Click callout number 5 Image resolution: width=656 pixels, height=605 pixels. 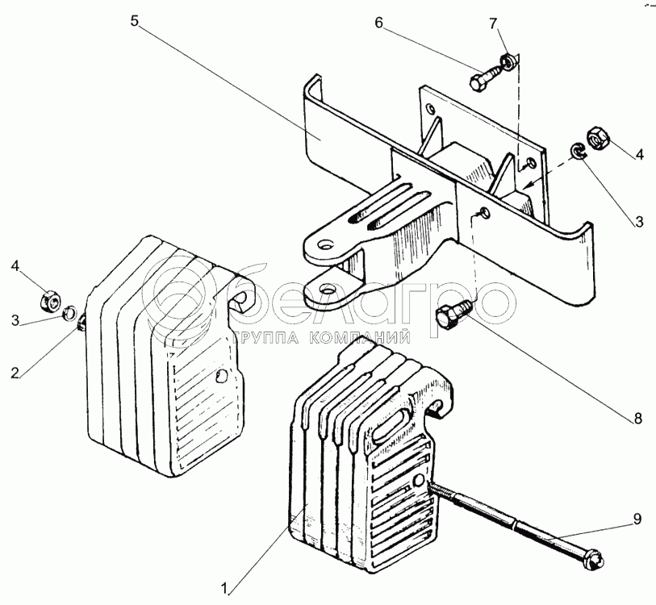[x=135, y=20]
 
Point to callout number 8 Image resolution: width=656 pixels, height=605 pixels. [x=637, y=418]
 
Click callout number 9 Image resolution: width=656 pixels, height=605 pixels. [x=637, y=519]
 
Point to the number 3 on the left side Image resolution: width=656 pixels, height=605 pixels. [x=15, y=321]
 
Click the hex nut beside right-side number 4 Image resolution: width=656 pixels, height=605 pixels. [x=598, y=138]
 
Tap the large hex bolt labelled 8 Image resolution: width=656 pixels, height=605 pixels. [x=448, y=316]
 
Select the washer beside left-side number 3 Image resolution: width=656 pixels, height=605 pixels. [x=70, y=311]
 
